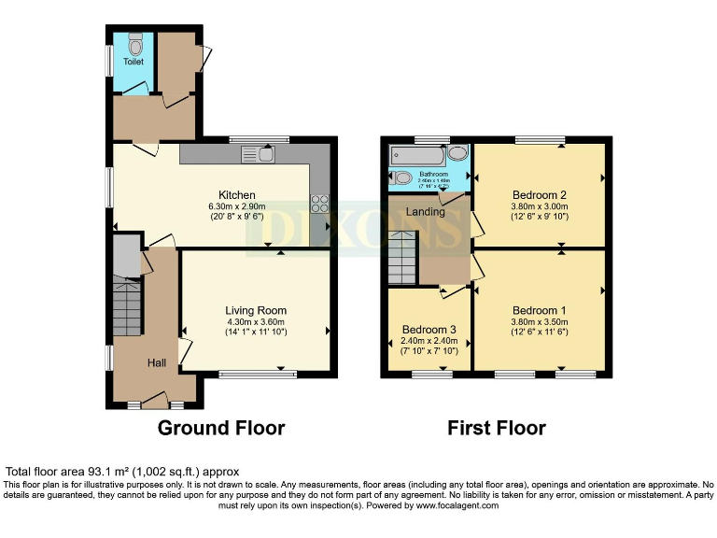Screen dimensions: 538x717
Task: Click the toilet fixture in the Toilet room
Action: click(135, 44)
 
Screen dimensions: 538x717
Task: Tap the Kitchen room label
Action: click(237, 194)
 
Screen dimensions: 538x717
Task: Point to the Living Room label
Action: click(255, 310)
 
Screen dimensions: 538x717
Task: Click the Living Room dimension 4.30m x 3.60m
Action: click(255, 322)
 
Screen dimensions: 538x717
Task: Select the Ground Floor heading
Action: click(220, 429)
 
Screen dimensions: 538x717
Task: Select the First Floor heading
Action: click(496, 429)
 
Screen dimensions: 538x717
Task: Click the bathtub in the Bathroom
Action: click(419, 155)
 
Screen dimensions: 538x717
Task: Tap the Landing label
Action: click(425, 212)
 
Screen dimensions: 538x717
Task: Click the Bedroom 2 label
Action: click(539, 194)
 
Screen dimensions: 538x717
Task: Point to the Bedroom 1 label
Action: click(539, 310)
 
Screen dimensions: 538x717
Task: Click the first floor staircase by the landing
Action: click(401, 259)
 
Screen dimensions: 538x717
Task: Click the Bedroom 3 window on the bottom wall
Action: click(431, 375)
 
